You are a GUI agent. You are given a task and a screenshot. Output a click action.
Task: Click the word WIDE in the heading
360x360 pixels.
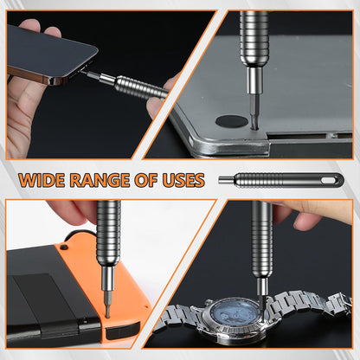tap(42, 180)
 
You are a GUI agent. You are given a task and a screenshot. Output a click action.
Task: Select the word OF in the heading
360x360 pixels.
tap(145, 180)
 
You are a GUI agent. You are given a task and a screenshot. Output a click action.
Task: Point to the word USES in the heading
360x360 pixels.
tap(183, 180)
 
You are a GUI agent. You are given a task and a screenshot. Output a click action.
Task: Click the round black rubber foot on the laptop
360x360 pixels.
tap(232, 121)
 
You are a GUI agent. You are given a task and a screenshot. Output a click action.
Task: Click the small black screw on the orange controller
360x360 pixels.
tap(63, 247)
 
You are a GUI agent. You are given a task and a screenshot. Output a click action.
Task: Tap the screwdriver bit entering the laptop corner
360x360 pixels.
tap(254, 111)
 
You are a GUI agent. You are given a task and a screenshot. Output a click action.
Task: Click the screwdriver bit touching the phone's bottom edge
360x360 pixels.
tap(93, 75)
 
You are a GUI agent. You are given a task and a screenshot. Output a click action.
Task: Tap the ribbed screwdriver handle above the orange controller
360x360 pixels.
tap(108, 234)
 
